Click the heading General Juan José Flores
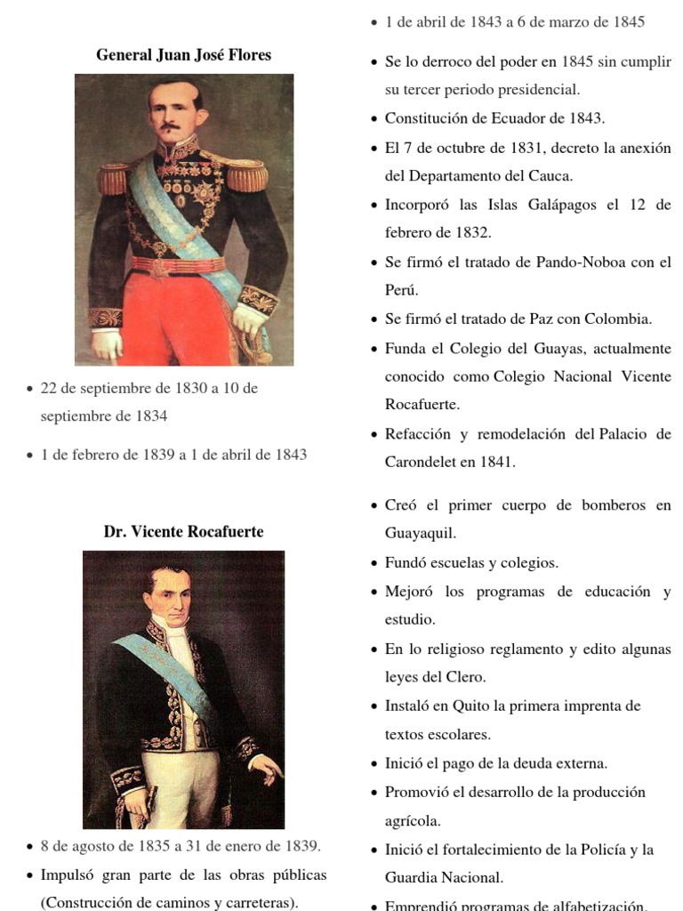183,55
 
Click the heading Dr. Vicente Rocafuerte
183,532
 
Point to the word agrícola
413,820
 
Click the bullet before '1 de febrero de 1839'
30,455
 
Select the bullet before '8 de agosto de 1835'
30,847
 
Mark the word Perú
401,290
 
